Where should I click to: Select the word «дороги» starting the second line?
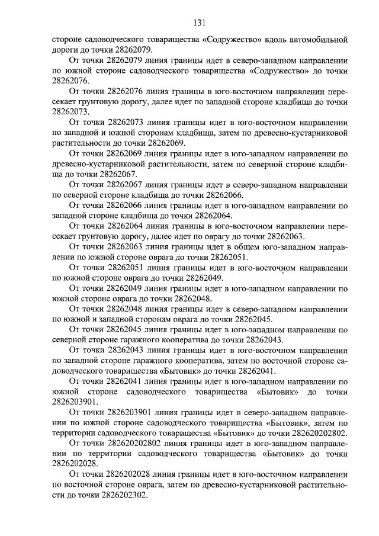click(x=66, y=50)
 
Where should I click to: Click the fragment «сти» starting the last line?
click(x=59, y=498)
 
